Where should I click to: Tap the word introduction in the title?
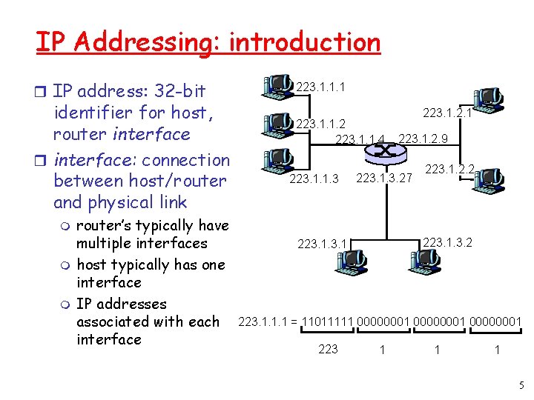304,42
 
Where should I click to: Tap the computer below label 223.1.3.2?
424,259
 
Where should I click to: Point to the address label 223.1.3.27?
384,178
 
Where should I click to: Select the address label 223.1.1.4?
360,139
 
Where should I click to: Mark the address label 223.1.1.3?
314,179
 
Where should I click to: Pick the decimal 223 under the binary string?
327,349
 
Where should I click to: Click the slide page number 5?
521,385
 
